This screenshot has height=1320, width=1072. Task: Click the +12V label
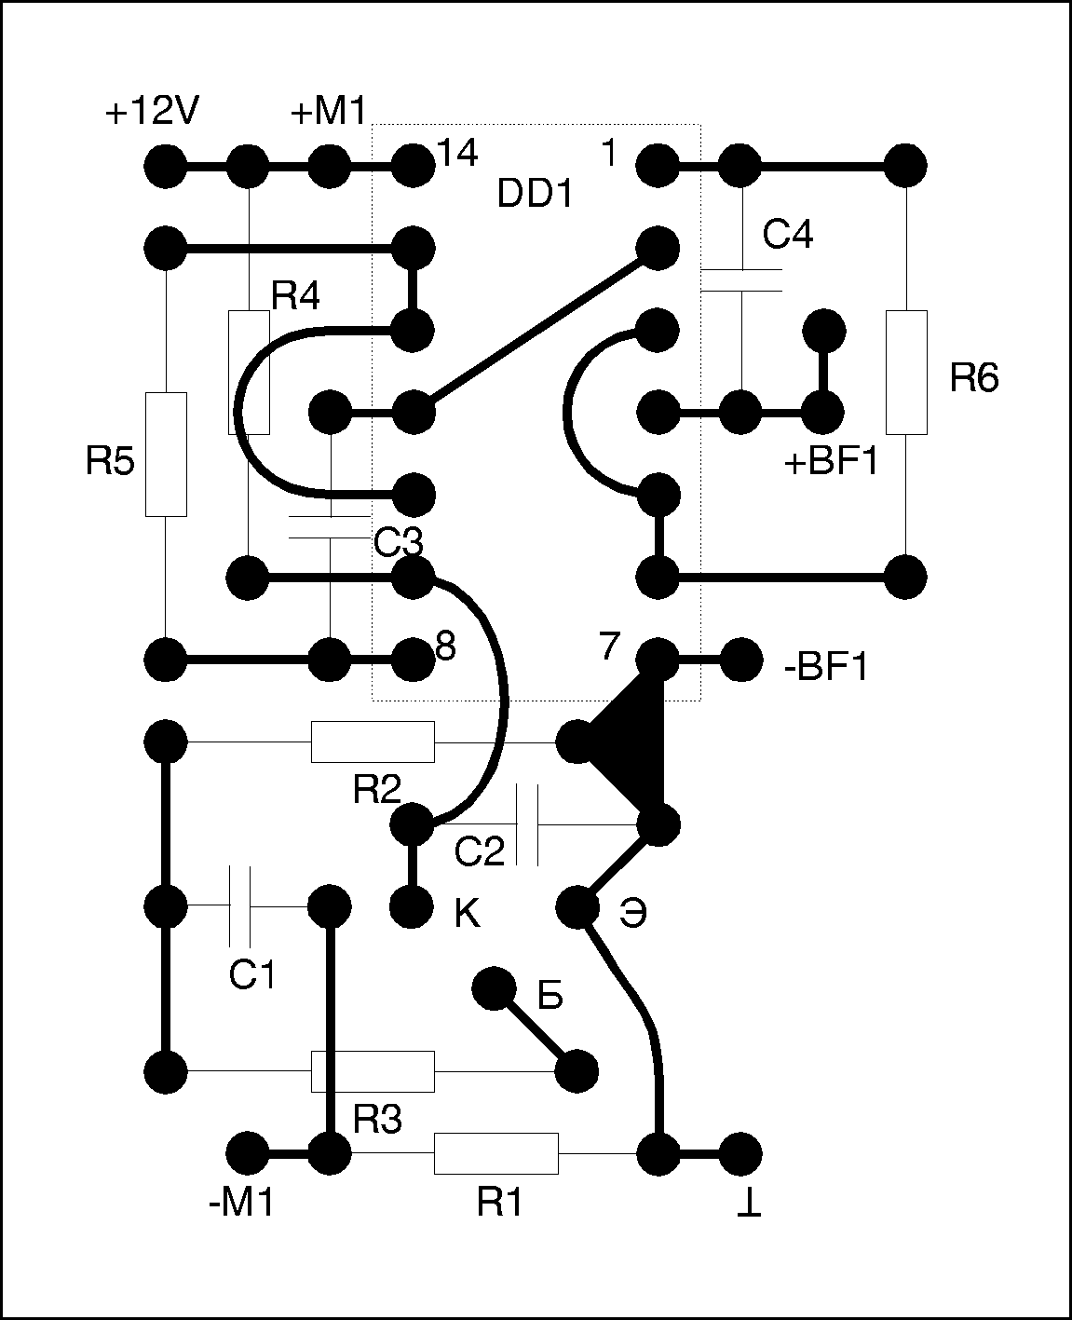[x=152, y=113]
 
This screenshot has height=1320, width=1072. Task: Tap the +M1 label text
[x=331, y=113]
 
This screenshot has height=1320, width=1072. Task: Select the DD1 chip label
[x=536, y=194]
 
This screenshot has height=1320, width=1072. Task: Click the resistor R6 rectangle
[x=906, y=373]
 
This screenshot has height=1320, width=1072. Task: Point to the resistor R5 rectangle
[x=166, y=455]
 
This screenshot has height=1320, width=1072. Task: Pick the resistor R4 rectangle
[x=249, y=373]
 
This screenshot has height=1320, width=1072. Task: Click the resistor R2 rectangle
[x=372, y=742]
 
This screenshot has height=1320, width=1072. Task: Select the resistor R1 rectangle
[x=495, y=1153]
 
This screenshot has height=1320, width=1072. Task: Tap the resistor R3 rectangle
[x=372, y=1070]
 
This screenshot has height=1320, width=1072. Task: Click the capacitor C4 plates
[x=741, y=279]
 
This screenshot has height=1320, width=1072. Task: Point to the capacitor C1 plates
[x=239, y=905]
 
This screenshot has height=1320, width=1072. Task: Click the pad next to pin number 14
[x=413, y=167]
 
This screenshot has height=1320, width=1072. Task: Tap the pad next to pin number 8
[x=413, y=660]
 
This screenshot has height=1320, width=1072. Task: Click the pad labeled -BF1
[x=741, y=660]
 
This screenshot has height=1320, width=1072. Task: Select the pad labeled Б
[x=494, y=988]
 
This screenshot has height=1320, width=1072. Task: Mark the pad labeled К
[x=411, y=905]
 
